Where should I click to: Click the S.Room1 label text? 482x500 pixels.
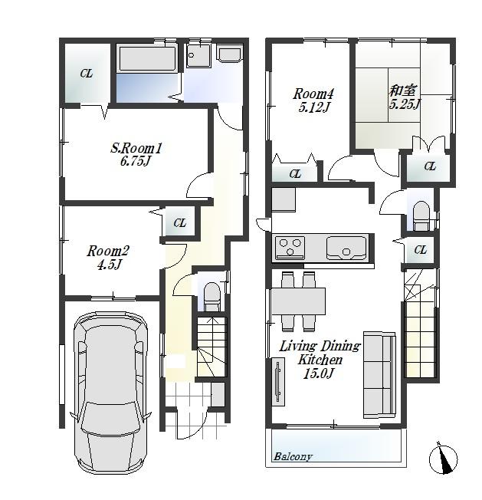coord(136,154)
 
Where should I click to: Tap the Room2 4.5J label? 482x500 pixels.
coord(107,258)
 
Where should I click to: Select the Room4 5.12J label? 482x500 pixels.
coord(312,100)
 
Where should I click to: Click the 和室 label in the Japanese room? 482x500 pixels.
coord(403,97)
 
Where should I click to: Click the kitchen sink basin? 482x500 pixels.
coord(346,248)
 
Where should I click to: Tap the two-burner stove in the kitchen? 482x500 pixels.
coord(290,248)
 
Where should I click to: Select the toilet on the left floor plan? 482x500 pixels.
coord(211,295)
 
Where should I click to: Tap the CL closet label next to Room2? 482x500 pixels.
coord(179,223)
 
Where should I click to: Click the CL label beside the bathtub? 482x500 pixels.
coord(87,74)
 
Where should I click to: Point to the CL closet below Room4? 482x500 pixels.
coord(296,174)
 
